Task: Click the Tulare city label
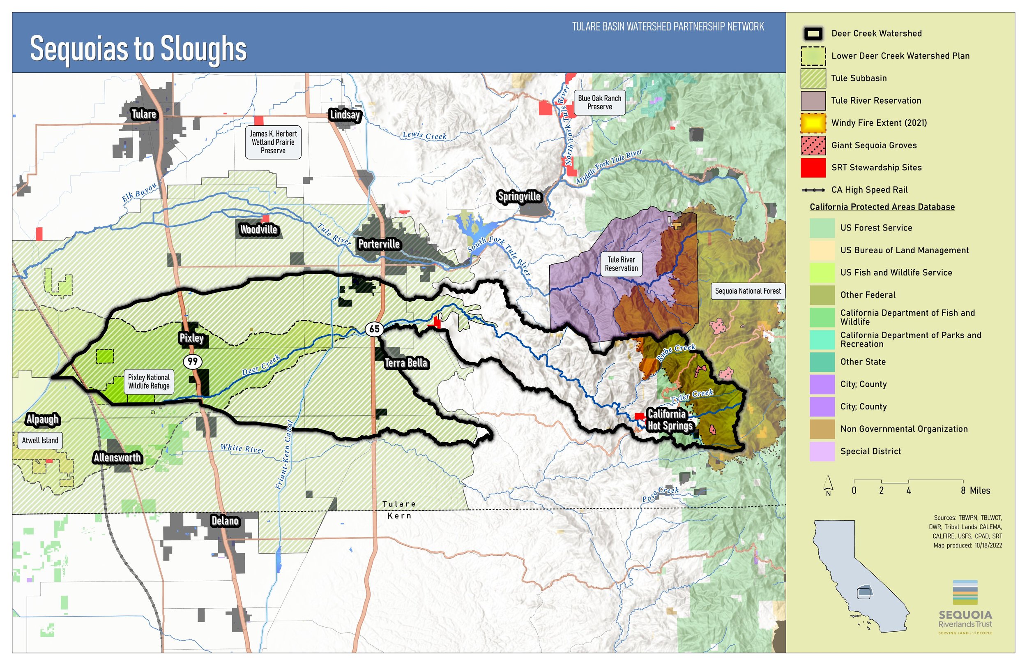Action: (x=144, y=114)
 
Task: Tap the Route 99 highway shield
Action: (x=192, y=361)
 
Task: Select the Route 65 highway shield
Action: (x=374, y=329)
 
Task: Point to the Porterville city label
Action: (x=379, y=245)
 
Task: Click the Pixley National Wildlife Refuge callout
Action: (x=149, y=382)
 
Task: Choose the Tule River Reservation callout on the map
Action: (x=621, y=264)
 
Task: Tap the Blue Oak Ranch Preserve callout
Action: (x=599, y=103)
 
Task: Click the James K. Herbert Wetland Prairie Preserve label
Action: (x=273, y=142)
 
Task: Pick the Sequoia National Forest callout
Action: (x=747, y=291)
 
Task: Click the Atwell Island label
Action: (x=40, y=441)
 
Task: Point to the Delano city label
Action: (x=225, y=521)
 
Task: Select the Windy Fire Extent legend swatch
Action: (x=813, y=123)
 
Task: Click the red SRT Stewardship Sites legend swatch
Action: (x=813, y=168)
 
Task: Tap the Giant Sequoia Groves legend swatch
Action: (x=813, y=145)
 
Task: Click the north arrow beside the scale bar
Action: (x=828, y=485)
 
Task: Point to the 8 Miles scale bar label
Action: (x=975, y=491)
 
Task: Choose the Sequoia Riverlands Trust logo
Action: (x=965, y=607)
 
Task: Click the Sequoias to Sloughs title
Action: (x=138, y=49)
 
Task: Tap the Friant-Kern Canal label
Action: (x=284, y=455)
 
